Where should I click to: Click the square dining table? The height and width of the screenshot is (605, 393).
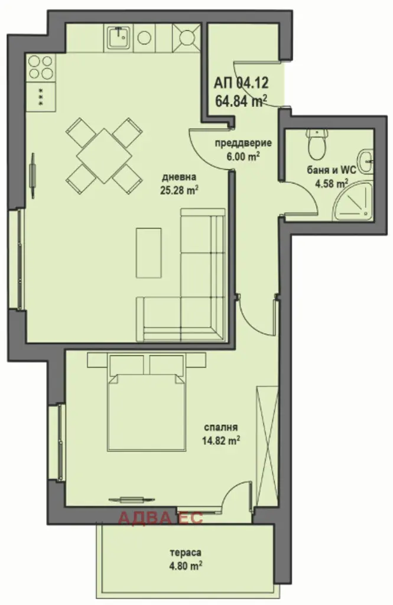104,156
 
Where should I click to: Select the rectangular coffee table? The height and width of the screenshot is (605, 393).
148,252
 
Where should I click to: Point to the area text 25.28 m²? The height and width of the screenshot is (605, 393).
180,190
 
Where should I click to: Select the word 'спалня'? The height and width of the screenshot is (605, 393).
221,427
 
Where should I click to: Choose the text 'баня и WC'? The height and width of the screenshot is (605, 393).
332,170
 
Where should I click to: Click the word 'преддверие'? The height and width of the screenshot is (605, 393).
243,143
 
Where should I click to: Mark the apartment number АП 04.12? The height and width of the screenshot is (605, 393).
241,83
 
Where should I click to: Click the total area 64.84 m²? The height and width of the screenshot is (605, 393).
242,102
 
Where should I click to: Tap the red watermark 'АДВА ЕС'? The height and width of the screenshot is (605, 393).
161,518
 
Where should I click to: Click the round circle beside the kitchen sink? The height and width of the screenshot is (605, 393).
144,37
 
